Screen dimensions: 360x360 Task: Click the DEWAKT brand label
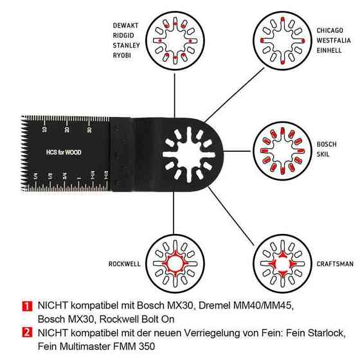point(125,25)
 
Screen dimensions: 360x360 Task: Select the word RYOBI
point(122,55)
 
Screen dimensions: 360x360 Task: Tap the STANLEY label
point(126,45)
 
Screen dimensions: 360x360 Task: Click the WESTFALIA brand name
point(334,40)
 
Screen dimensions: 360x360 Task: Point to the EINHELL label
point(329,50)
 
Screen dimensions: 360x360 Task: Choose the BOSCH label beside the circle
point(327,144)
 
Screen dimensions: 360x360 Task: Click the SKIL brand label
point(323,154)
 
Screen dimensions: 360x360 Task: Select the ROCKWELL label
point(125,264)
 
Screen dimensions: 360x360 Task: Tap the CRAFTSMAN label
point(335,264)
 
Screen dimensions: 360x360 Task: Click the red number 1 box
point(27,306)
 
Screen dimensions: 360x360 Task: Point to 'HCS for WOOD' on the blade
point(64,152)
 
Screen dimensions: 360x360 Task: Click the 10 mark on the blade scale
point(44,129)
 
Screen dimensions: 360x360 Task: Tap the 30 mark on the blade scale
point(89,130)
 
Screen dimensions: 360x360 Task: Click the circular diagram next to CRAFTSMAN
point(282,264)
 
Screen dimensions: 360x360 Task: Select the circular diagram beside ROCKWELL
point(175,264)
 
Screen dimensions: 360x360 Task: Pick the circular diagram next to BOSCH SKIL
point(282,151)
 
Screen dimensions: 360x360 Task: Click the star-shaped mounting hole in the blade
point(189,155)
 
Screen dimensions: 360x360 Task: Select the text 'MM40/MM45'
point(264,305)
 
